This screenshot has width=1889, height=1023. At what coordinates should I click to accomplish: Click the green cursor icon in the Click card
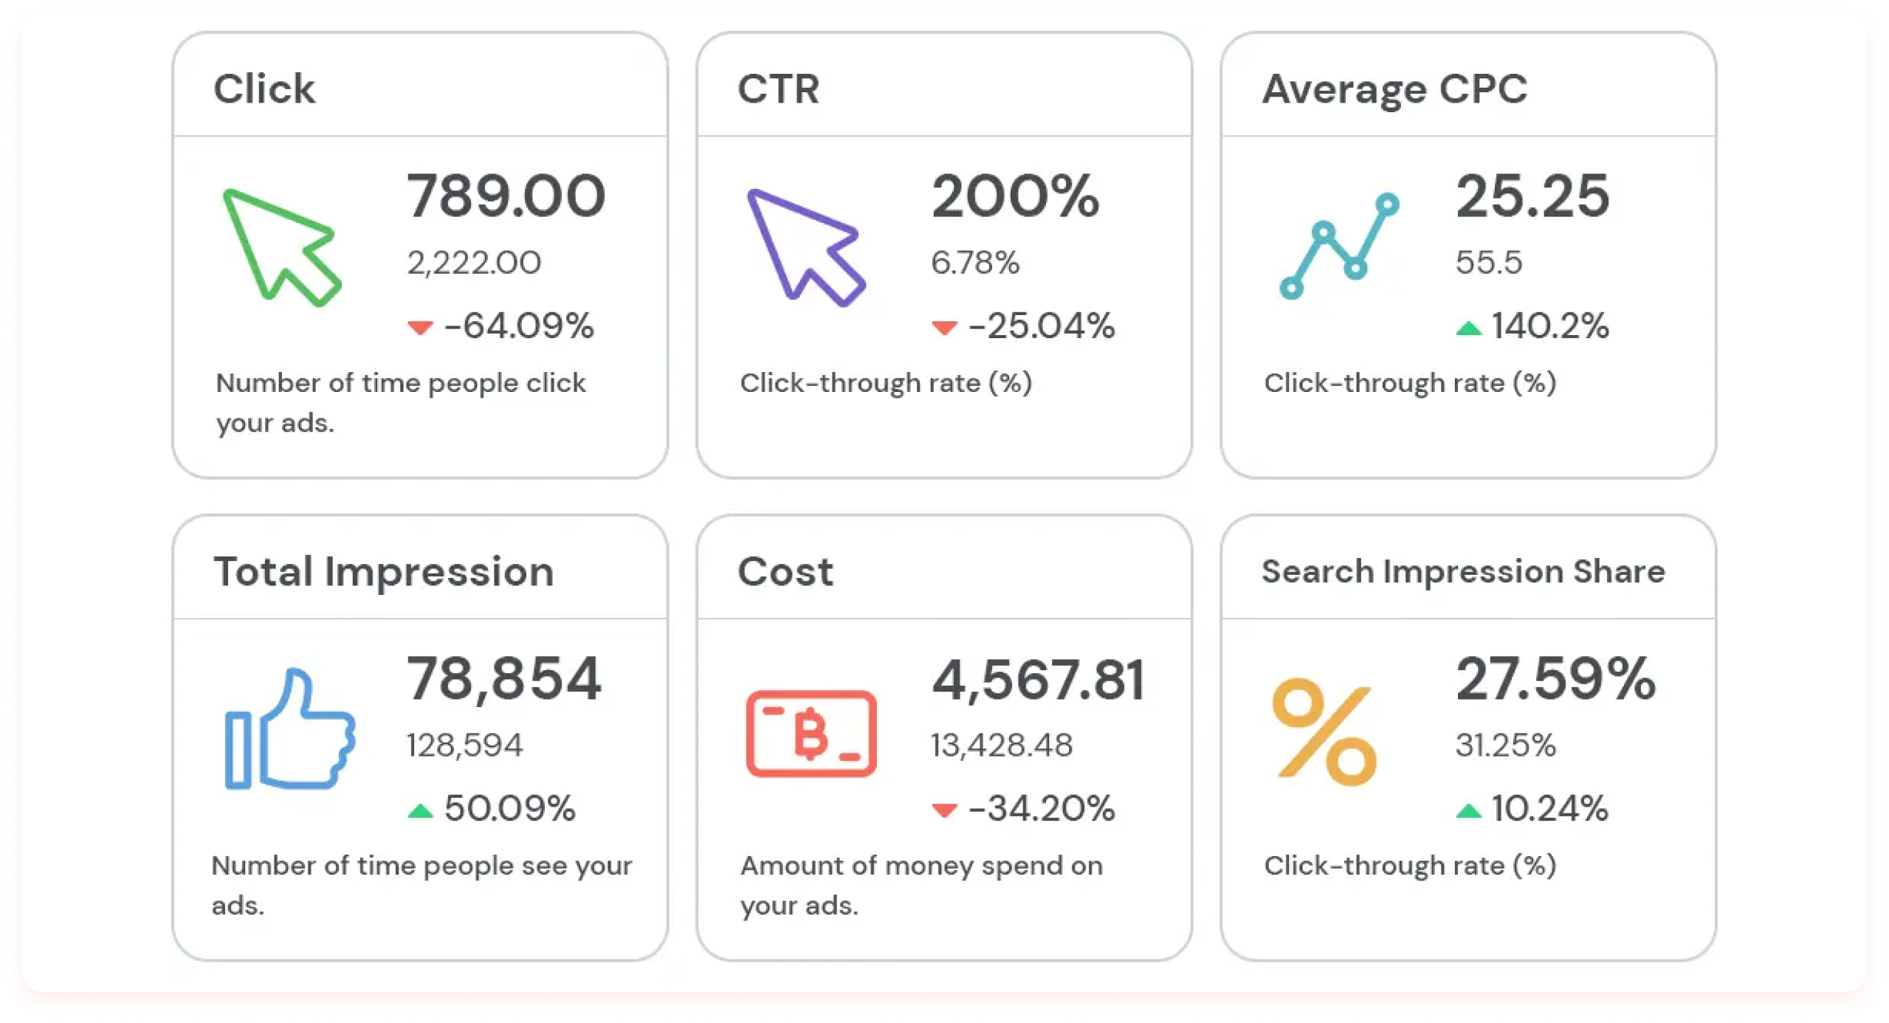281,247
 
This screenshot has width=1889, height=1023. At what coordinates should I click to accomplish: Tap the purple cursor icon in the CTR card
805,247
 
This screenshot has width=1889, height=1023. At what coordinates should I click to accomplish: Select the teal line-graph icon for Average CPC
1338,246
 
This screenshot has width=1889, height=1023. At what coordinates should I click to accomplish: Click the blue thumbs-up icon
289,729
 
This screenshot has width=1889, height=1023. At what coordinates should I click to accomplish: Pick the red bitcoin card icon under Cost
811,733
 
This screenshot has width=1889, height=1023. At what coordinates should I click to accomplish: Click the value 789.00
506,196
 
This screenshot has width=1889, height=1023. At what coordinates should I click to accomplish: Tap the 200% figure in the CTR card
1015,196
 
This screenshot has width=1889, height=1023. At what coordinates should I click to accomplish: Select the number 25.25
1532,196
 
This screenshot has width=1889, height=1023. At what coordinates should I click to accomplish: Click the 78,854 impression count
504,679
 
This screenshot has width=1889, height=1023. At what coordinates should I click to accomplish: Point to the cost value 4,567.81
1038,680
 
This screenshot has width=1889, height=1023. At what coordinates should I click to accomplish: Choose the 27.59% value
1555,679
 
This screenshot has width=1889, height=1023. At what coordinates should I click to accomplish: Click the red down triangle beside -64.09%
420,327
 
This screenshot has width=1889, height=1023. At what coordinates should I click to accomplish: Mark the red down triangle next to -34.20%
944,810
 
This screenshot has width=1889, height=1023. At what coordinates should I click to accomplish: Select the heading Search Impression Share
1463,571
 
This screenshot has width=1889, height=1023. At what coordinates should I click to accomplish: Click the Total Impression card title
384,571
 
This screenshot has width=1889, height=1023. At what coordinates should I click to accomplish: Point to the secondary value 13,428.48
1001,745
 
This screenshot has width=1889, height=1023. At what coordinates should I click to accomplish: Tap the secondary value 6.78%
975,263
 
